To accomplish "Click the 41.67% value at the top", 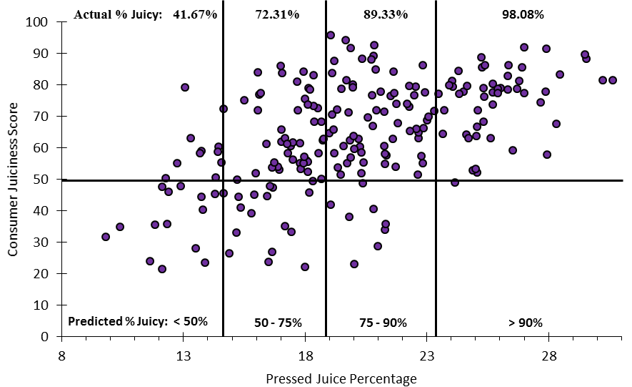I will point(194,14).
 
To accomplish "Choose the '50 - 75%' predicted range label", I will point(279,323).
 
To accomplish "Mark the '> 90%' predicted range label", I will point(525,323).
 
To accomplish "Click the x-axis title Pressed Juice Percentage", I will point(341,378).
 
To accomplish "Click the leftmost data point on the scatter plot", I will point(106,237).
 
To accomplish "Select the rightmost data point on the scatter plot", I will point(613,80).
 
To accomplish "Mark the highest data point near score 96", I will point(331,35).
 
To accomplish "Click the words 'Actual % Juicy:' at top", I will point(118,14).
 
